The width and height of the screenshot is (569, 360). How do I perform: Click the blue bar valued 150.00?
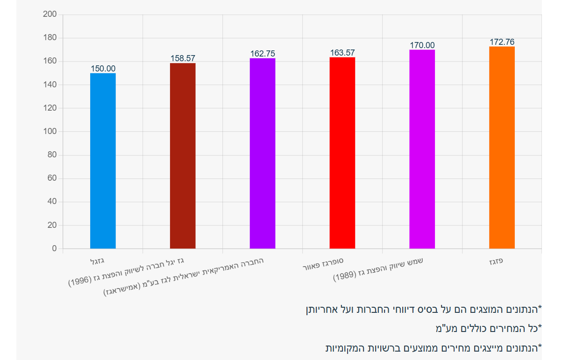point(103,161)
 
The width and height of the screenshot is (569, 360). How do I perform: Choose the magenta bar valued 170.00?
point(422,149)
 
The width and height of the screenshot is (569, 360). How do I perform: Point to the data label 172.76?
point(502,42)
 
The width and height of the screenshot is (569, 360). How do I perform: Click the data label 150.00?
point(103,69)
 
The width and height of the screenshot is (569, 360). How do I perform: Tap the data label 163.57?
point(342,53)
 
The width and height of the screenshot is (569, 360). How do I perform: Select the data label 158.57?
point(183,58)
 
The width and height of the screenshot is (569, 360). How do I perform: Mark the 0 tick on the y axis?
point(54,248)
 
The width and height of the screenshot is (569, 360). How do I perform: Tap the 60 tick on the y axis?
point(51,178)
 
